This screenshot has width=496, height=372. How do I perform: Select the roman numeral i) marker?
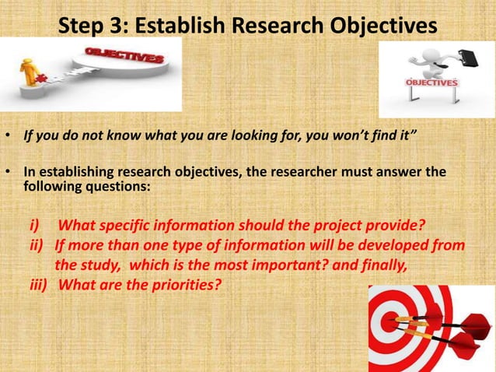36,226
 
